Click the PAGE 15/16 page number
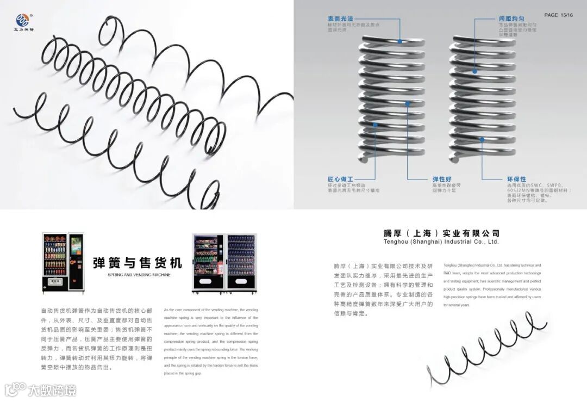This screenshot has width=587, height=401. click(x=558, y=15)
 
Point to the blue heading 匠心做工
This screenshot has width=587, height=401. click(x=340, y=179)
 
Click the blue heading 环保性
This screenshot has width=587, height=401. click(x=516, y=179)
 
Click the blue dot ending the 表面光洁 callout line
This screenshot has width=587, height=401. click(x=401, y=41)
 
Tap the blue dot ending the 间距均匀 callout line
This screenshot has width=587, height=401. click(x=474, y=71)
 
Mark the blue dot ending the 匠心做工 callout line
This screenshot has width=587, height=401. click(x=375, y=125)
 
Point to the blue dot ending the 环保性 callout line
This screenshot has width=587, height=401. click(x=482, y=139)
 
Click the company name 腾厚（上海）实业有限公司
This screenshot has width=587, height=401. click(x=441, y=233)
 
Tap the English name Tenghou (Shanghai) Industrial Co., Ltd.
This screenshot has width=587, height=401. click(x=441, y=242)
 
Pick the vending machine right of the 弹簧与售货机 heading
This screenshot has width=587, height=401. click(x=224, y=263)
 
